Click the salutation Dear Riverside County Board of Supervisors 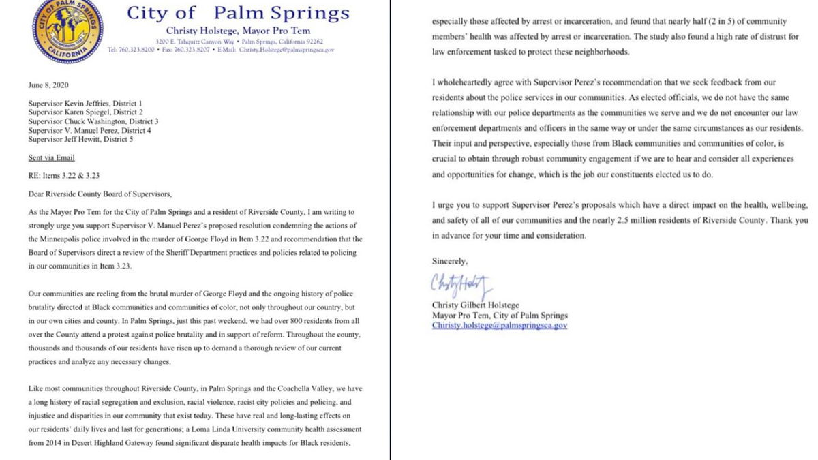[x=96, y=193]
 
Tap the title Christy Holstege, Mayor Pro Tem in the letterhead [x=238, y=31]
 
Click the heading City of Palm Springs [x=239, y=13]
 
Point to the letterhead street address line [x=239, y=41]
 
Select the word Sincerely [x=449, y=261]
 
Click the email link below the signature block [x=500, y=326]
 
